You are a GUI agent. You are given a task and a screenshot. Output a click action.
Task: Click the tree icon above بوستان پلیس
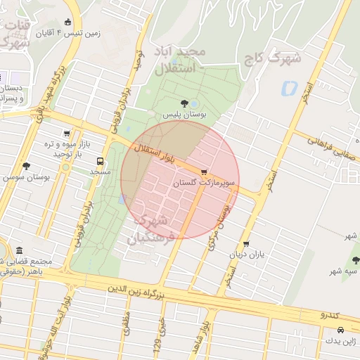click(184, 103)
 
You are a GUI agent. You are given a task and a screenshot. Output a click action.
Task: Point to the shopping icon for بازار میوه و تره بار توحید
click(67, 133)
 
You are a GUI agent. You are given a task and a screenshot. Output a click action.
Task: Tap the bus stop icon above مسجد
click(99, 160)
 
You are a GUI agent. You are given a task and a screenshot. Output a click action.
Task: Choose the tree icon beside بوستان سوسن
click(26, 166)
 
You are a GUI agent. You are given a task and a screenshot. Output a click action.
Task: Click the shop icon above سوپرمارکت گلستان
click(204, 172)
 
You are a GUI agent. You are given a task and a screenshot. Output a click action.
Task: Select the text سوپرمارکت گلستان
click(205, 183)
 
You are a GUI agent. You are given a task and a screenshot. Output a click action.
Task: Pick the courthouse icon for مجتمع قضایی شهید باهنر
click(18, 251)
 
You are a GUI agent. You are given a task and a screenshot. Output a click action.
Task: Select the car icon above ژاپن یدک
click(340, 330)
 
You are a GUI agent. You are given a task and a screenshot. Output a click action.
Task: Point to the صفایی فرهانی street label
click(330, 146)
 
